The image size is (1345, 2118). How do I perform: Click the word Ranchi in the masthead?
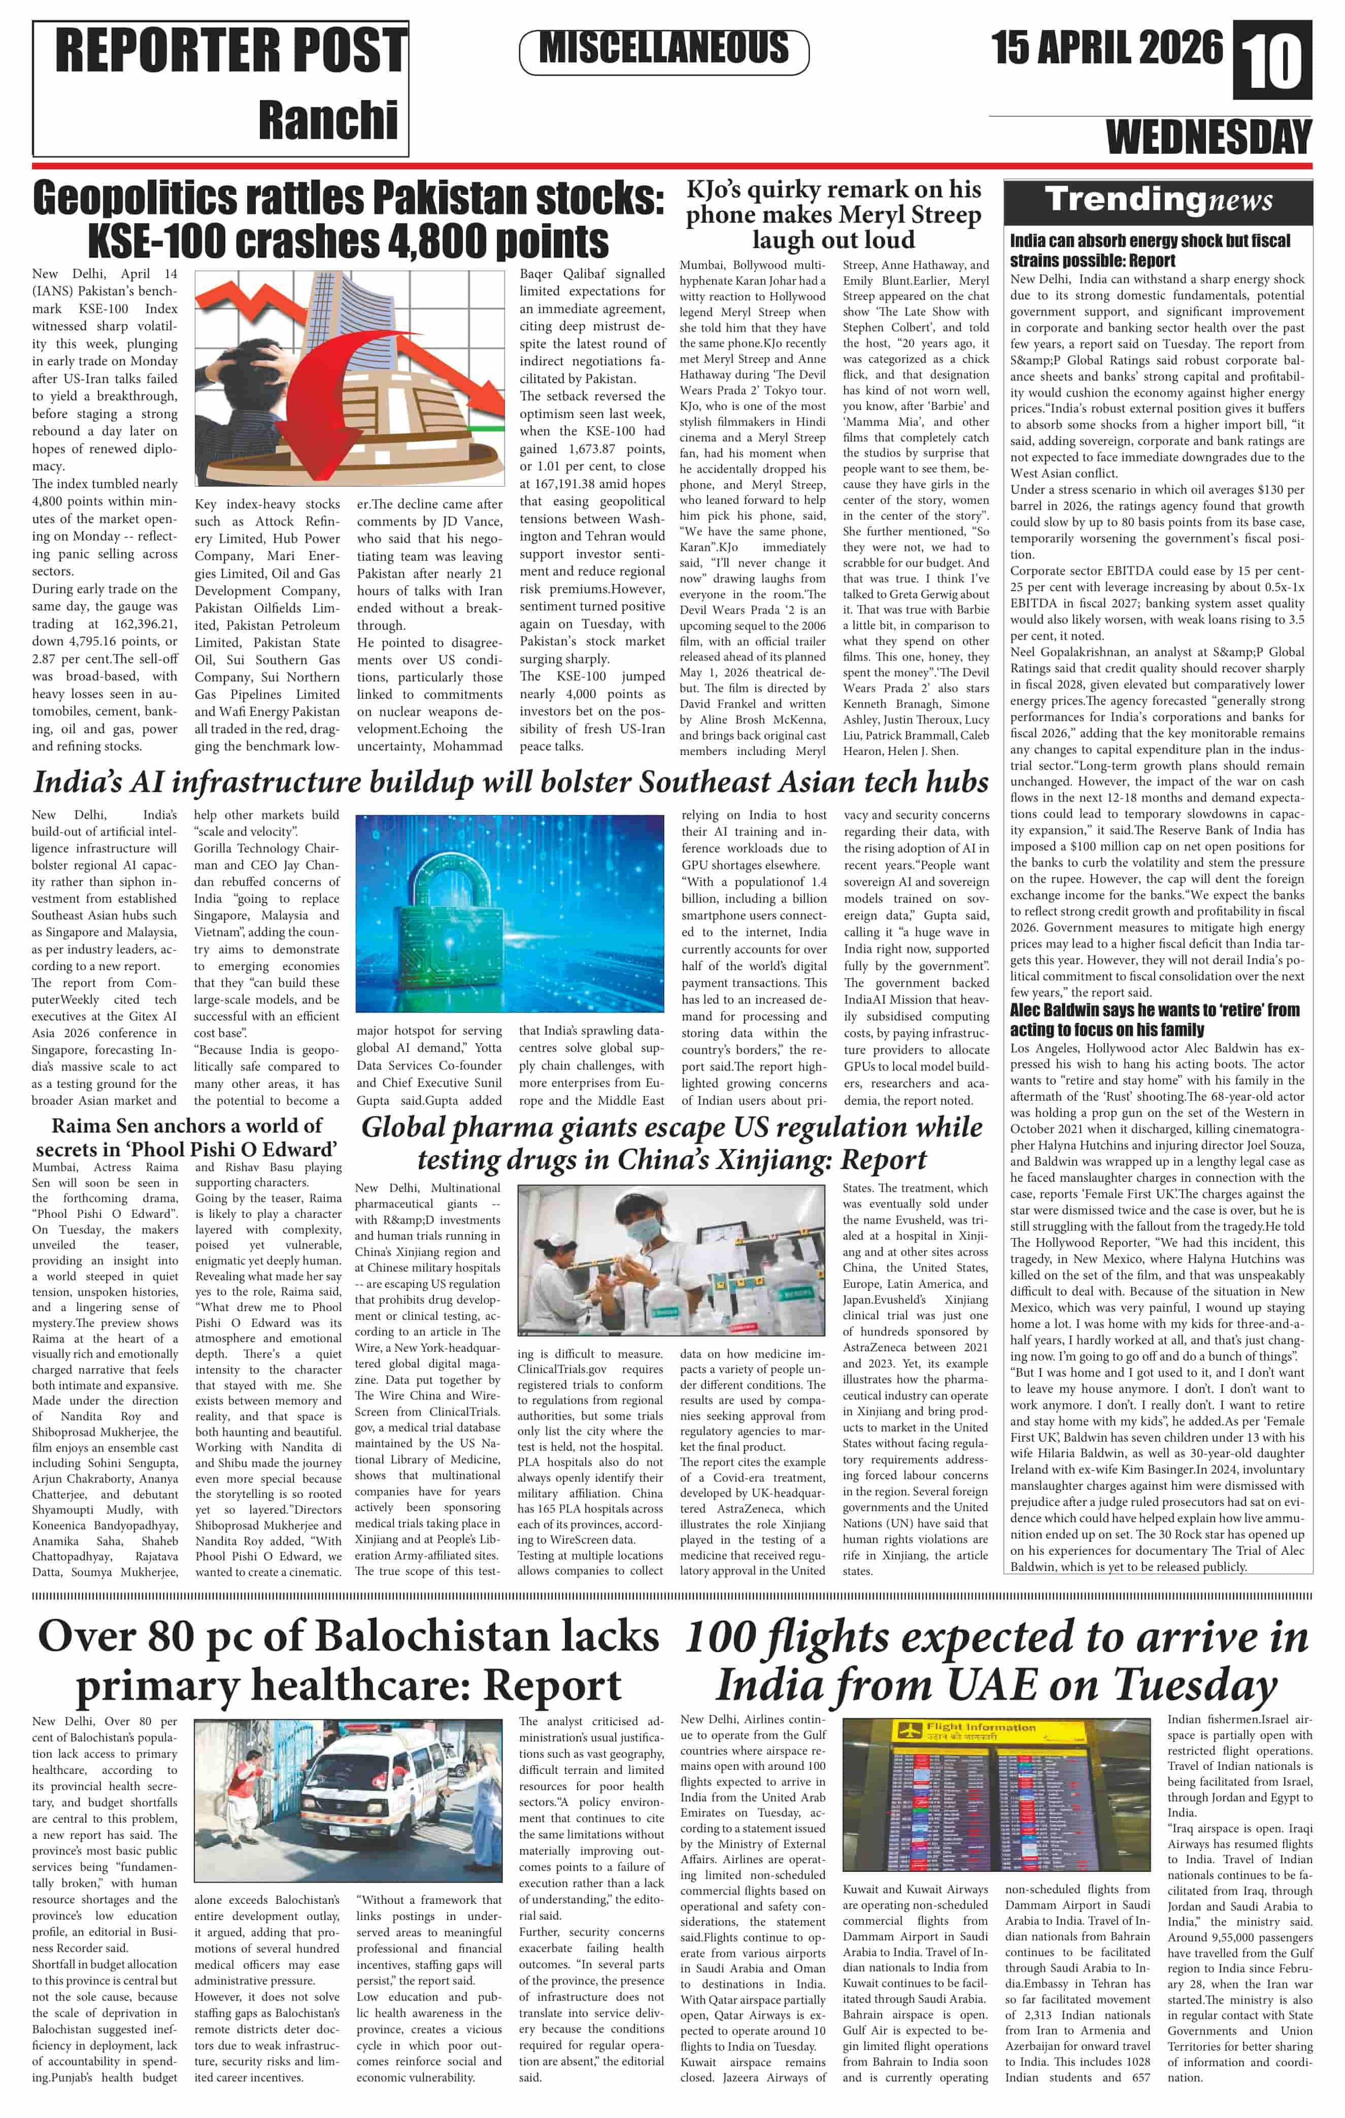click(x=327, y=120)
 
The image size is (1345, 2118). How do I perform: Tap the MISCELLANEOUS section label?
click(x=664, y=48)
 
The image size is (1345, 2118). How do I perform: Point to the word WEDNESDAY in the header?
click(x=1208, y=138)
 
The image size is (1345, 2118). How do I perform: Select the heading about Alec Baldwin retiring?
click(x=1154, y=1019)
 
